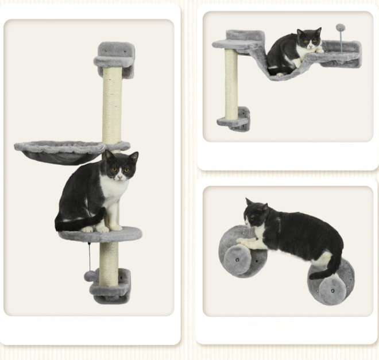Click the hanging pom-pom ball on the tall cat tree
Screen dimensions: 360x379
(x=89, y=276)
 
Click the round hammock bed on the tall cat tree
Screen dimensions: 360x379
(x=60, y=152)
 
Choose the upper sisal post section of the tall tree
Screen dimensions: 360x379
(x=112, y=106)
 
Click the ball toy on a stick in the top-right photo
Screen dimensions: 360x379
(x=341, y=28)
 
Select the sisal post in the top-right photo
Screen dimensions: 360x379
(x=231, y=84)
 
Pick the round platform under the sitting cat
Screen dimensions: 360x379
(x=100, y=234)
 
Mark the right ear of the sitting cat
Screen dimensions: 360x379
(x=133, y=156)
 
